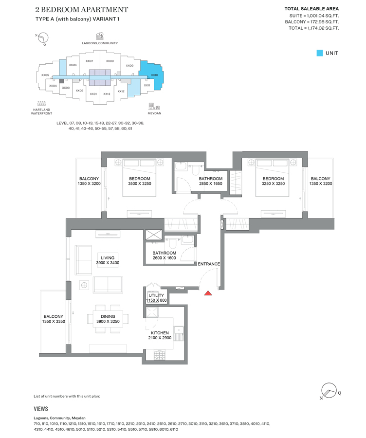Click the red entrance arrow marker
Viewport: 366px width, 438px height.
point(208,293)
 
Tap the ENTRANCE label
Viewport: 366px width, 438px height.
point(208,264)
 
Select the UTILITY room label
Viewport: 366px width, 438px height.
point(156,295)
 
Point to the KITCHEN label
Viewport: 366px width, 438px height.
point(160,333)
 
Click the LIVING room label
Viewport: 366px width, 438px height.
point(108,258)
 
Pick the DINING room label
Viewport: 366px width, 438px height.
point(108,316)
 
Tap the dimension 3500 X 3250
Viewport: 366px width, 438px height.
point(139,184)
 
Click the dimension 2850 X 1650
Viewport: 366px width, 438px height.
point(210,184)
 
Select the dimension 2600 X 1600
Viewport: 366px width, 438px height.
point(164,258)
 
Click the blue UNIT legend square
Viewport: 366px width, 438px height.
point(319,53)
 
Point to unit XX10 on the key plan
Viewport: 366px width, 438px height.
point(154,75)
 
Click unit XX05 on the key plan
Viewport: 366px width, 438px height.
point(45,75)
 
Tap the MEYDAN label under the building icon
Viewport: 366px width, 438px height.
point(154,113)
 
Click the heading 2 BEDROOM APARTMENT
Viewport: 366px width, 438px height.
point(82,10)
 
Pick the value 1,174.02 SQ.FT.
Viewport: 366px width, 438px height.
point(321,28)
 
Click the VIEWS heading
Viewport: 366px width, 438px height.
point(41,409)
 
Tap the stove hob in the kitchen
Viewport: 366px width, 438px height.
point(159,356)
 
